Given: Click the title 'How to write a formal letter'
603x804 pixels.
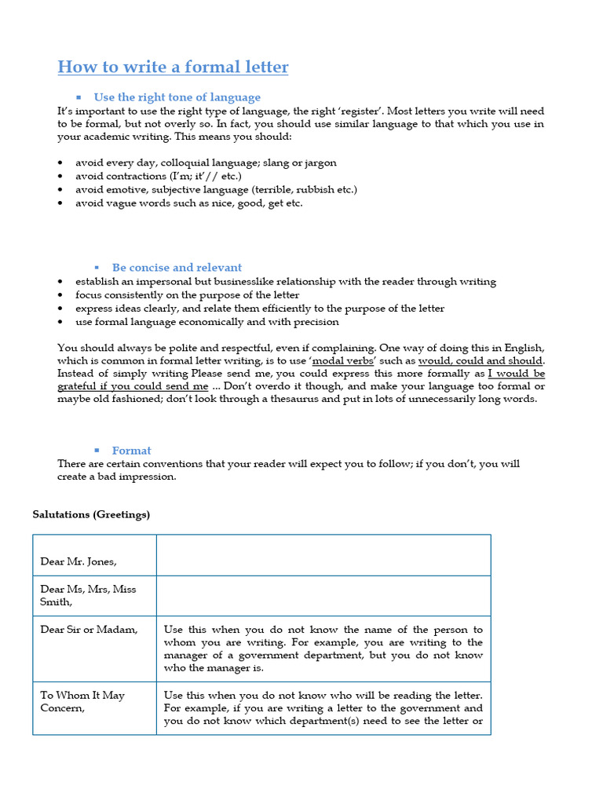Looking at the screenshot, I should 173,67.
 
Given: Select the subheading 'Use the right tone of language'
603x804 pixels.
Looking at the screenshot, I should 177,97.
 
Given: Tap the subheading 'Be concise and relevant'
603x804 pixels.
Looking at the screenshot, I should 177,268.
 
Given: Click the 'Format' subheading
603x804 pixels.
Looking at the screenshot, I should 131,451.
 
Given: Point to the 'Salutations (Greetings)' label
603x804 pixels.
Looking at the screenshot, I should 91,515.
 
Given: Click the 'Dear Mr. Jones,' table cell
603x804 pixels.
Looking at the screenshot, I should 79,561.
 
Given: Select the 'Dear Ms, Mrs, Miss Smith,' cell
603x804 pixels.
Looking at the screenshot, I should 88,595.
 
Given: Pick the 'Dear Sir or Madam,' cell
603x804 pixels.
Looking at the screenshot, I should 89,630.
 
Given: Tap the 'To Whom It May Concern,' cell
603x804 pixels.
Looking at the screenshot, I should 82,701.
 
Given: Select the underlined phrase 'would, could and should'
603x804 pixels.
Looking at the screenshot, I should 481,361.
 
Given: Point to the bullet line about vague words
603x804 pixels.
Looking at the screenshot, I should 188,203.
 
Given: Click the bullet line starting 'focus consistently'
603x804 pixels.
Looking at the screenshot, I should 187,295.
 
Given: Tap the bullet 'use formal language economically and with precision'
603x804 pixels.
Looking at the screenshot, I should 207,322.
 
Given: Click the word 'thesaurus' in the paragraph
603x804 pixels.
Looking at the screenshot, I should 367,399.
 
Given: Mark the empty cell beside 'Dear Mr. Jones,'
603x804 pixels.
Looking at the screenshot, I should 323,556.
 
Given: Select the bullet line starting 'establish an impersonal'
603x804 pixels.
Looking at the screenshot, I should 286,282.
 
